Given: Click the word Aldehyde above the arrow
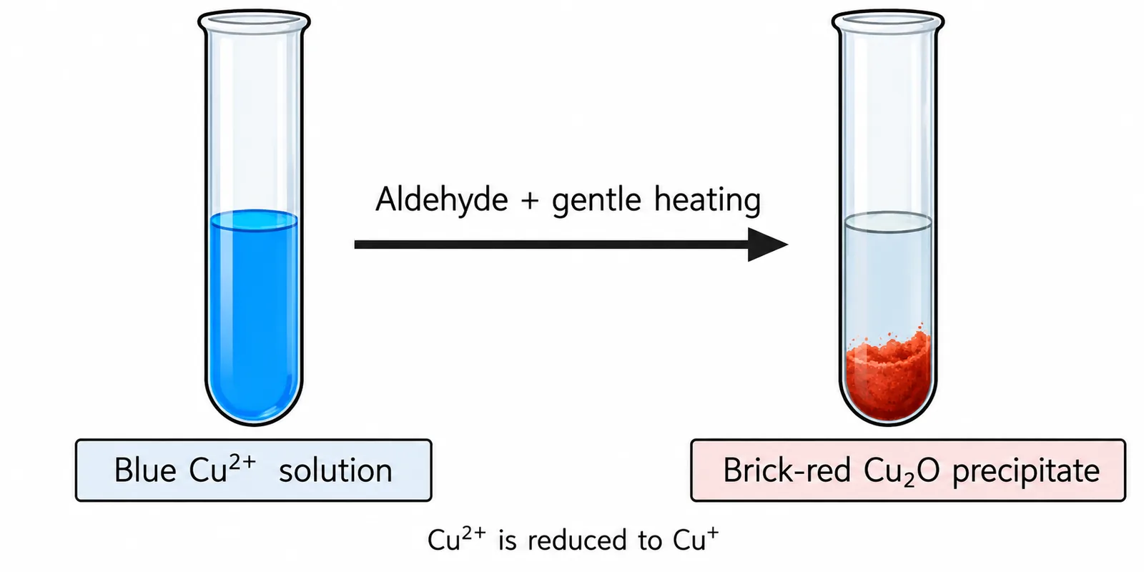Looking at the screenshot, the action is point(442,199).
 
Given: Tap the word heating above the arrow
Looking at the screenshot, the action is point(708,199).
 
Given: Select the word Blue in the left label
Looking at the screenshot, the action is point(145,470).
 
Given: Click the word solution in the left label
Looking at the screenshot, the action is point(335,470).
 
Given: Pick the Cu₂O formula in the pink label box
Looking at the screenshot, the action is point(902,471).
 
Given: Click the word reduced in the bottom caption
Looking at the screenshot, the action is point(577,541).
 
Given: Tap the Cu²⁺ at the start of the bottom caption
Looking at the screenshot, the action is point(457,538).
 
